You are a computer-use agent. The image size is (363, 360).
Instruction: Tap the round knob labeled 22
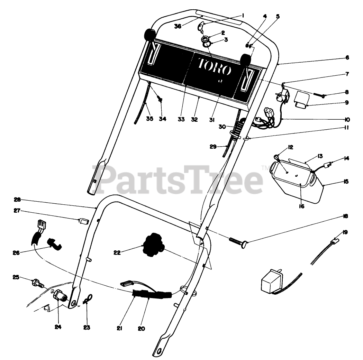pyautogui.click(x=153, y=246)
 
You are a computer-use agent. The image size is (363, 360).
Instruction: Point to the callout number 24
pyautogui.click(x=58, y=327)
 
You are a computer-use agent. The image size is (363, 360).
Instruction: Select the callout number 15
pyautogui.click(x=346, y=182)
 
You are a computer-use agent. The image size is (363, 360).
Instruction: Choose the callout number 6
pyautogui.click(x=347, y=57)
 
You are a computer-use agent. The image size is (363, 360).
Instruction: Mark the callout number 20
pyautogui.click(x=141, y=329)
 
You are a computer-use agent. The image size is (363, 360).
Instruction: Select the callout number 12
pyautogui.click(x=290, y=147)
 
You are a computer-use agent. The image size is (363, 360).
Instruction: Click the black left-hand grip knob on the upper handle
pyautogui.click(x=149, y=35)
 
